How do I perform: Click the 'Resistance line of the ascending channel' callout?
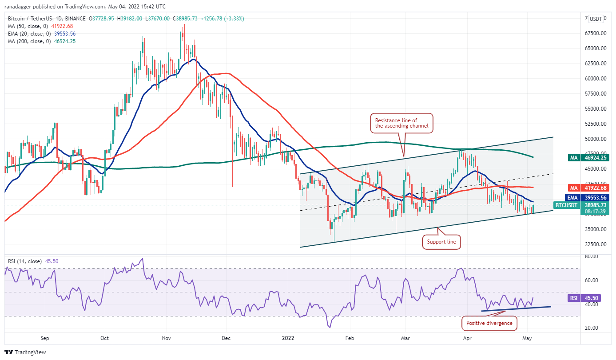pyautogui.click(x=402, y=123)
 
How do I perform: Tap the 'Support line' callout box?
pyautogui.click(x=441, y=242)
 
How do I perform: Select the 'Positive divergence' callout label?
pyautogui.click(x=489, y=323)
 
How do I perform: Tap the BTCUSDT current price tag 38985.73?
pyautogui.click(x=566, y=205)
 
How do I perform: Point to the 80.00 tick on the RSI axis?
pyautogui.click(x=591, y=256)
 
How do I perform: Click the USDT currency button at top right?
pyautogui.click(x=596, y=19)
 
